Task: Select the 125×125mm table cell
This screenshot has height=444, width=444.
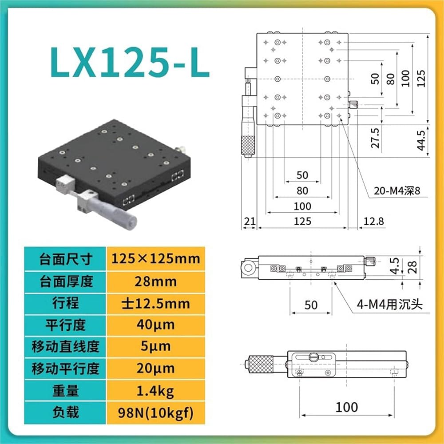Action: click(156, 259)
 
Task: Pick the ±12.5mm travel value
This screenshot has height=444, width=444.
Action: click(156, 304)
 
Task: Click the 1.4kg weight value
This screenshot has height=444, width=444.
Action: click(155, 391)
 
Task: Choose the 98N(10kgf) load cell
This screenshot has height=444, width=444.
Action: click(156, 413)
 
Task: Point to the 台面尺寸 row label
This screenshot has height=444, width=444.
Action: click(66, 259)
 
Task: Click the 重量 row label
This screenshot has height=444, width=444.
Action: click(66, 391)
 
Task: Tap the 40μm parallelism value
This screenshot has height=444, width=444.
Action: click(156, 325)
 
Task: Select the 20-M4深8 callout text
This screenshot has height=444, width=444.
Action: click(396, 191)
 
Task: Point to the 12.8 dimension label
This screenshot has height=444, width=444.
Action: click(373, 221)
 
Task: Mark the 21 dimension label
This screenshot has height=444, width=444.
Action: click(250, 221)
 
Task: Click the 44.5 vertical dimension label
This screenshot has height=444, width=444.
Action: click(421, 140)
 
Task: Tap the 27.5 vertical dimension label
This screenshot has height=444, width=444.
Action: click(375, 138)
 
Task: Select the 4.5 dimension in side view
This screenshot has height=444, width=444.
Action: click(394, 266)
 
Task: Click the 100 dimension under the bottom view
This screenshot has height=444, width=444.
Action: click(347, 407)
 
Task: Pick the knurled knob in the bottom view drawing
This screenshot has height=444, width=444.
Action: click(261, 364)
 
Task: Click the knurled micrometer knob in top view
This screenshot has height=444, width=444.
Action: click(248, 146)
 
